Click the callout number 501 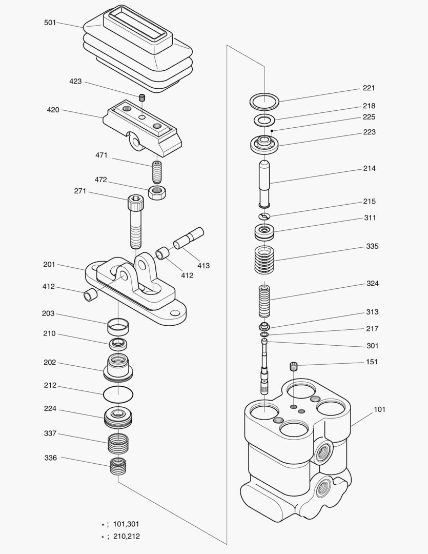tap(50, 23)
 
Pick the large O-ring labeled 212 tap(118, 395)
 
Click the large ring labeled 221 tap(264, 101)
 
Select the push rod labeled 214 tap(265, 183)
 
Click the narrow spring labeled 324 tap(264, 303)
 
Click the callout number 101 tap(379, 409)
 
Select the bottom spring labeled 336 tap(118, 466)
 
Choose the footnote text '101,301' tap(126, 524)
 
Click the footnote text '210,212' tap(126, 537)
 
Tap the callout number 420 tap(53, 110)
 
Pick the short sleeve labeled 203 tap(118, 325)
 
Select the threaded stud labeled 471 tap(157, 171)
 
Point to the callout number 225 tap(369, 117)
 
